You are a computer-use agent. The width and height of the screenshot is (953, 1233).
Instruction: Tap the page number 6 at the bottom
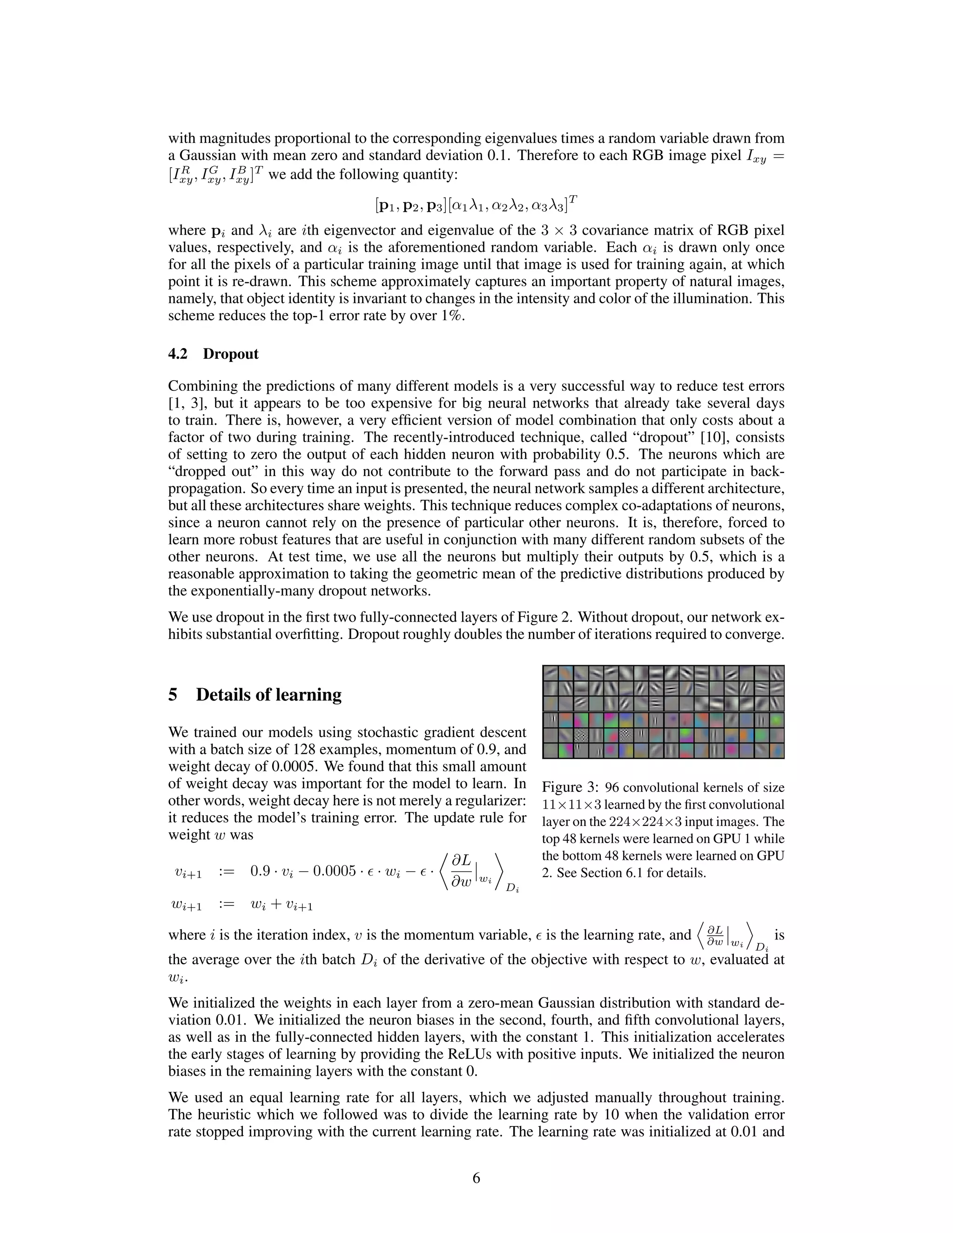click(x=476, y=1178)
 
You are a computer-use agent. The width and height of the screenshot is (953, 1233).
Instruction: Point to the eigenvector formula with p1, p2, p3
click(x=476, y=204)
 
